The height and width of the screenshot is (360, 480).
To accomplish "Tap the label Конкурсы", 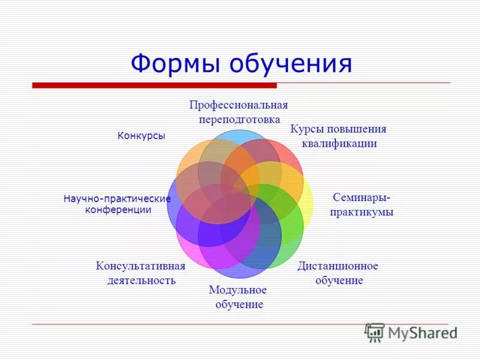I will pyautogui.click(x=141, y=136).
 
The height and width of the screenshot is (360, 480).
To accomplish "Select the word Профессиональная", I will pyautogui.click(x=239, y=105).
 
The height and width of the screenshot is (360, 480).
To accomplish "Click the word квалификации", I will pyautogui.click(x=340, y=143).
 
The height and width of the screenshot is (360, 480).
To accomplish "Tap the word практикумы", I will pyautogui.click(x=361, y=212).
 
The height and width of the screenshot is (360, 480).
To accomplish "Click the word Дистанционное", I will pyautogui.click(x=338, y=266).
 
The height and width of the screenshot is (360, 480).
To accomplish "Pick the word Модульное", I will pyautogui.click(x=238, y=290).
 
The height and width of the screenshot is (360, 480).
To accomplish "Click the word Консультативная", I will pyautogui.click(x=140, y=266).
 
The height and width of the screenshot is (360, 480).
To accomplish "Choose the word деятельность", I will pyautogui.click(x=141, y=280).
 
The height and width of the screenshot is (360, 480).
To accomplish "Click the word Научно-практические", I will pyautogui.click(x=117, y=199).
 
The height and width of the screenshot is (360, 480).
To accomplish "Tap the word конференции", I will pyautogui.click(x=118, y=210).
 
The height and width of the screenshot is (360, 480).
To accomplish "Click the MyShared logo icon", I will pyautogui.click(x=374, y=332).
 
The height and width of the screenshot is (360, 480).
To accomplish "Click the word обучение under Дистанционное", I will pyautogui.click(x=338, y=280).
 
